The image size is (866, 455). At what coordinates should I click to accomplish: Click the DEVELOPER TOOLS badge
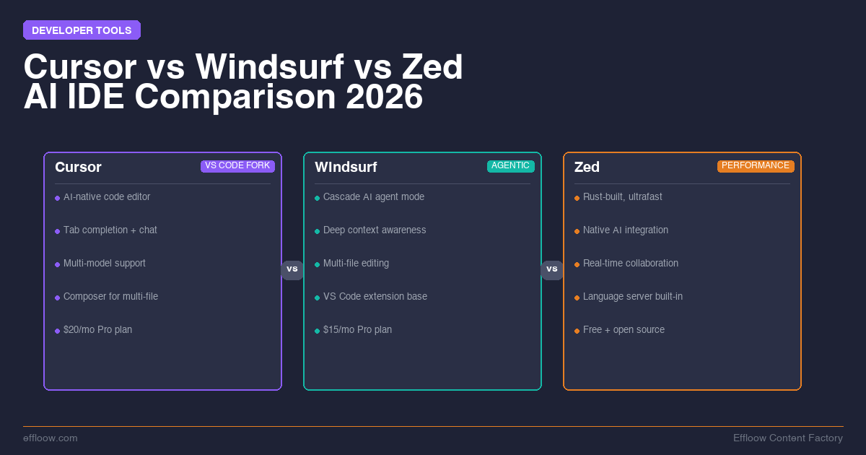pos(82,30)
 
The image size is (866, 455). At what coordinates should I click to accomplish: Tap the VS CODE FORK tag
pos(237,166)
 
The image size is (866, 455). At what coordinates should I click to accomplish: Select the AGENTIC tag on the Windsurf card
pos(511,166)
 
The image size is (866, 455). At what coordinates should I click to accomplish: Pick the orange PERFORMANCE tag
pos(756,166)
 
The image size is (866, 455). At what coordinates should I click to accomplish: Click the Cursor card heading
pos(78,168)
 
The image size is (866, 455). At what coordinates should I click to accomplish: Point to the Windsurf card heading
pos(346,168)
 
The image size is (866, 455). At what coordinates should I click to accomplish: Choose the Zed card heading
pos(587,168)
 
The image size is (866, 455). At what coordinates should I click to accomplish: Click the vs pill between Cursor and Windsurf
pos(292,269)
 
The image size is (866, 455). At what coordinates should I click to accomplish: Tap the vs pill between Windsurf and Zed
pos(552,269)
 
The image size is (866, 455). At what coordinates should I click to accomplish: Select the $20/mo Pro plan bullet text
pos(97,330)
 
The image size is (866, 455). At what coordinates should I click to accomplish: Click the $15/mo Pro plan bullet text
pos(357,330)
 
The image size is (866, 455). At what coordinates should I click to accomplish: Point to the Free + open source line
pos(624,330)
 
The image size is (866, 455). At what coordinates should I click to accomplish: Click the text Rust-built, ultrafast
pos(622,197)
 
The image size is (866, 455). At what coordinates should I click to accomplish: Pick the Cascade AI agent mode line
pos(374,197)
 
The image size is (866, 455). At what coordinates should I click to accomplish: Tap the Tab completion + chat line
pos(110,230)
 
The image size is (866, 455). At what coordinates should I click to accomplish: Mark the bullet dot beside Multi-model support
pos(57,264)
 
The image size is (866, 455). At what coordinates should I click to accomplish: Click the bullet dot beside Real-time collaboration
pos(577,264)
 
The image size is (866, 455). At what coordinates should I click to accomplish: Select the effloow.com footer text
pos(51,438)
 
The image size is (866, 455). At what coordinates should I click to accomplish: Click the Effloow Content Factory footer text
pos(788,438)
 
